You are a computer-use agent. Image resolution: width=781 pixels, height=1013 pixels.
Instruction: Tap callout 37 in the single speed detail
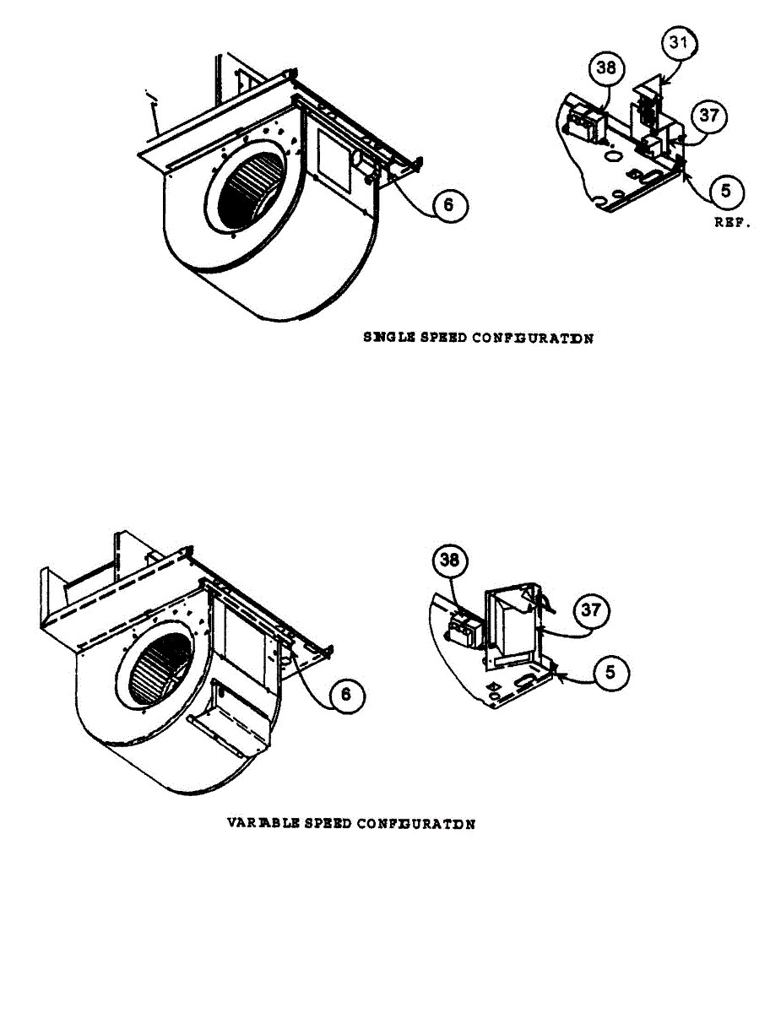point(709,116)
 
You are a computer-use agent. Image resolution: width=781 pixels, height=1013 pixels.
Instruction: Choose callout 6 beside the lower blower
point(346,696)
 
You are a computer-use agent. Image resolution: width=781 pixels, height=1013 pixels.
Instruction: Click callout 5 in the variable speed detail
point(610,674)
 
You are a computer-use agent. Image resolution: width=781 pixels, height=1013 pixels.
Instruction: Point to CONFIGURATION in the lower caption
point(415,823)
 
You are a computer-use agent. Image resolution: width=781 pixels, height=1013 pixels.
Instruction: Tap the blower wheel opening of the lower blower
point(159,669)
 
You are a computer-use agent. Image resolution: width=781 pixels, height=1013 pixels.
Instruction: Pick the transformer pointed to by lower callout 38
point(464,626)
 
